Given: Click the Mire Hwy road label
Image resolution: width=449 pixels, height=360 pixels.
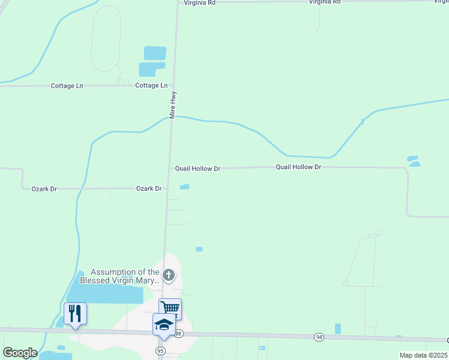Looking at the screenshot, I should coord(172,104).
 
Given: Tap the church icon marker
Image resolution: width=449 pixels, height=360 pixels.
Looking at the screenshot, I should coord(169,276).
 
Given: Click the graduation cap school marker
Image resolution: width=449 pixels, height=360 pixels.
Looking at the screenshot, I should coord(164,325).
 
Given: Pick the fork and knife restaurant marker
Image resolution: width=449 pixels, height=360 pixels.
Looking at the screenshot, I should coord(75,313).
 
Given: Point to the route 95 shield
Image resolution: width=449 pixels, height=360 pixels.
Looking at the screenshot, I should coord(160,350).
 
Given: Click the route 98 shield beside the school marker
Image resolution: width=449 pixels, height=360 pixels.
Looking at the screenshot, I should coord(178,333).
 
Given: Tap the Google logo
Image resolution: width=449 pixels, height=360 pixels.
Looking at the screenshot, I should coord(20,353).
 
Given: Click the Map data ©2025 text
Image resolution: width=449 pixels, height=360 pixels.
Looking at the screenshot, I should coord(423,355).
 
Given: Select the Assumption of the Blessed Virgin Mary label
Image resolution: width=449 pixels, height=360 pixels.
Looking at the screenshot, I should coord(125,276).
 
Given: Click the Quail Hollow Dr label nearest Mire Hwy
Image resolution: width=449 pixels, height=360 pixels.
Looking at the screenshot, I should coord(198,169).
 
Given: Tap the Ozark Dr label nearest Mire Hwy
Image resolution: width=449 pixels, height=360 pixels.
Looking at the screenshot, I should coord(149,188).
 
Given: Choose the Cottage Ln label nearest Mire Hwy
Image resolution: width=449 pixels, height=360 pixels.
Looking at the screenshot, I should coord(151,86).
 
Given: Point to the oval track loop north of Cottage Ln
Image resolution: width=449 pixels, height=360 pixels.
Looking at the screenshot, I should coord(106,39).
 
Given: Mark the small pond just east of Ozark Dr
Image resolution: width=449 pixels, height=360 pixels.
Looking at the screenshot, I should coord(185,187).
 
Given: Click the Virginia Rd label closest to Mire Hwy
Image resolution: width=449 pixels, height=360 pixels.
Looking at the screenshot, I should coord(199,2).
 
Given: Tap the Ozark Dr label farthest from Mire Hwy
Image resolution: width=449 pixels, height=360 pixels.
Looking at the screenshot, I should coord(44,188).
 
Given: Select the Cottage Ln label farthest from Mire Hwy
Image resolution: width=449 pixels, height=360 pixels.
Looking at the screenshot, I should coord(67,86).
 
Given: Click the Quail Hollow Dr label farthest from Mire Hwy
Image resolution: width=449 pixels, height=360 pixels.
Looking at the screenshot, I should coord(298,167).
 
